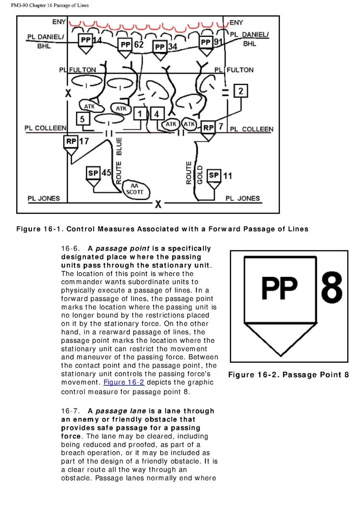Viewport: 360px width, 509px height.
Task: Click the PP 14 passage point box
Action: (x=85, y=40)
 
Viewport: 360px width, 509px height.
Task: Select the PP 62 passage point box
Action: (x=125, y=44)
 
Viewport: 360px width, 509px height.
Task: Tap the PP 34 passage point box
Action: (x=160, y=46)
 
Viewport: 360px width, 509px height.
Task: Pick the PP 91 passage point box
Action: (x=206, y=42)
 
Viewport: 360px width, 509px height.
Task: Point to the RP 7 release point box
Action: (x=208, y=127)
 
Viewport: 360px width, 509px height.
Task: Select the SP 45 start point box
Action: (x=93, y=172)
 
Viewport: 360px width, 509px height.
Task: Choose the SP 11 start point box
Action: (x=214, y=175)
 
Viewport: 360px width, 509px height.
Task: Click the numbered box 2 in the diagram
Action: (x=240, y=91)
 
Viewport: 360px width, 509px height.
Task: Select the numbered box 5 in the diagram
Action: (x=82, y=119)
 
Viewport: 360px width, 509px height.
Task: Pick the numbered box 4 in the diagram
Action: (x=157, y=114)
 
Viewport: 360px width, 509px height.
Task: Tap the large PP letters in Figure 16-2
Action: (x=279, y=289)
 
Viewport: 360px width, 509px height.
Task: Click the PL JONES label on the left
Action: (x=43, y=198)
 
